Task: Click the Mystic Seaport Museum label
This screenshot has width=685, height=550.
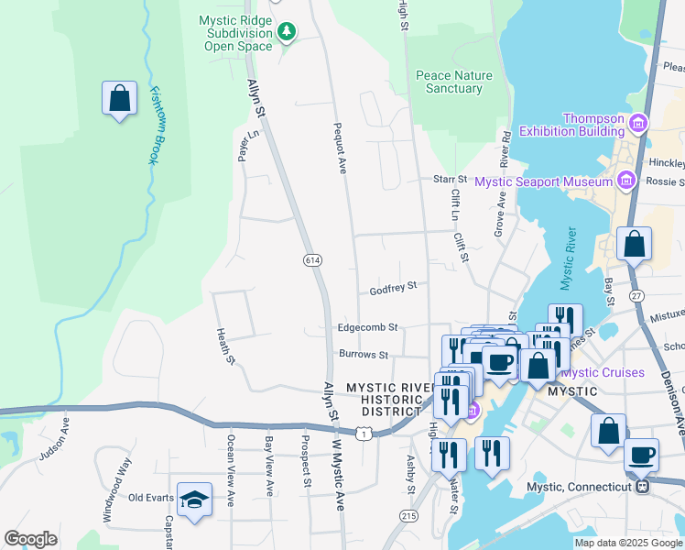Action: (x=544, y=181)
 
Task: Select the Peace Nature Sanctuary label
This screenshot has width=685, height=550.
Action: (x=453, y=82)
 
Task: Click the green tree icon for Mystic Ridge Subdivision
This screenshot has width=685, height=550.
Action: (x=288, y=33)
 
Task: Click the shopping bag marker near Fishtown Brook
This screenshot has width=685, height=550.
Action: (x=119, y=98)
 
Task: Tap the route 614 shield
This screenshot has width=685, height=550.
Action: (x=312, y=260)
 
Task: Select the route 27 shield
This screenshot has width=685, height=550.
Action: (x=637, y=294)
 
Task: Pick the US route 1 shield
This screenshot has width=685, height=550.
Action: (x=365, y=433)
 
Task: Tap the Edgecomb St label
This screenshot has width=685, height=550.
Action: (x=367, y=326)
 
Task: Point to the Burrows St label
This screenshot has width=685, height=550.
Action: (x=364, y=354)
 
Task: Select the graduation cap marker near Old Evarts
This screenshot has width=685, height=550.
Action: (x=194, y=500)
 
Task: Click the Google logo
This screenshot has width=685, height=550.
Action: (x=30, y=539)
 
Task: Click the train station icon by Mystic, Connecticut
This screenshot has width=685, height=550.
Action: (x=644, y=486)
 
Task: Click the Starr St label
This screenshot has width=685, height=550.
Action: (x=450, y=179)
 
